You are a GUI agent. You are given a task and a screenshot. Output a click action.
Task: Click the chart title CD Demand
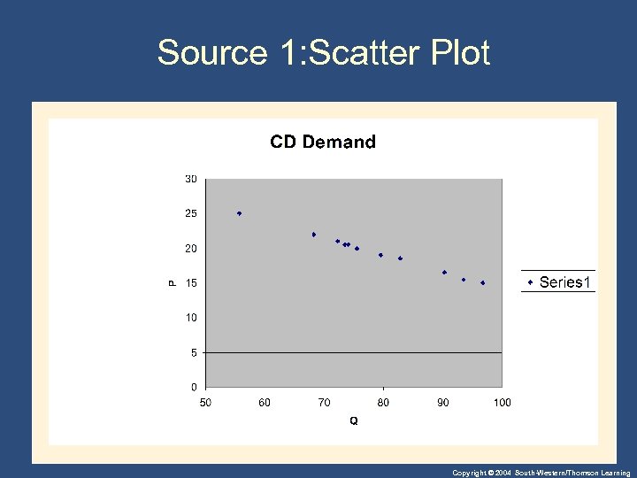[x=322, y=142]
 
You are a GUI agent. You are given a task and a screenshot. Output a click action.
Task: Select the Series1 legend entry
[x=558, y=282]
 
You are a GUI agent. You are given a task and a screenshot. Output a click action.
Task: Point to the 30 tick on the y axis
[x=190, y=179]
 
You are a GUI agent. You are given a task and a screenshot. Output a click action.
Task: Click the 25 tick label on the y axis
[x=190, y=213]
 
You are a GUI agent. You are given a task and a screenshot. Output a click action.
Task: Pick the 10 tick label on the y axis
[x=190, y=318]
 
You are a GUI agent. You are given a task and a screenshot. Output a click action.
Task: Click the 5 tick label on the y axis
[x=193, y=352]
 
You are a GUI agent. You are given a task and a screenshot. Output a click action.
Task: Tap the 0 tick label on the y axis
[x=193, y=387]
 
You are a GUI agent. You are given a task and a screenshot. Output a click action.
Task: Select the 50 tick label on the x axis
[x=205, y=403]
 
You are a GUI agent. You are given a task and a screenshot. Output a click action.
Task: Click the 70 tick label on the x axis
[x=324, y=403]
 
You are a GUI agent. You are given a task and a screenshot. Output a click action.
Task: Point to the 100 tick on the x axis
[x=502, y=403]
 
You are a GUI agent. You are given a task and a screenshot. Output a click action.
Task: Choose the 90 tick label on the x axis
[x=442, y=403]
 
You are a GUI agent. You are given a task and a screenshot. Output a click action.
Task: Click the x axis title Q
[x=354, y=421]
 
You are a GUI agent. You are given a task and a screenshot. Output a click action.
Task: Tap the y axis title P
[x=173, y=282]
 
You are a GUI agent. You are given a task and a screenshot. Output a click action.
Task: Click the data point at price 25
[x=239, y=213]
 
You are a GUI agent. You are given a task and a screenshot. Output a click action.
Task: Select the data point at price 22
[x=314, y=235]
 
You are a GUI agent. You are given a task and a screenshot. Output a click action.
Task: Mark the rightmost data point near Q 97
[x=483, y=283]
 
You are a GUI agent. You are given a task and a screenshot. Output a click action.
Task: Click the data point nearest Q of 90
[x=444, y=273]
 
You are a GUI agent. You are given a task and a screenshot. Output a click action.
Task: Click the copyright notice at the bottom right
[x=541, y=473]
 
